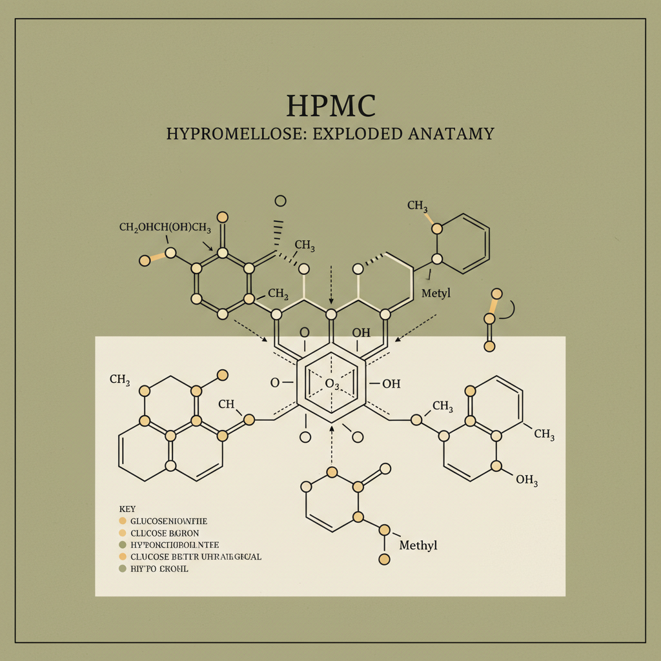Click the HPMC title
[330, 106]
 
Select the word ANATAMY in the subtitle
[451, 134]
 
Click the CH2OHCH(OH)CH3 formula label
[165, 227]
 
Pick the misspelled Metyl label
[436, 294]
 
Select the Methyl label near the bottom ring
[418, 545]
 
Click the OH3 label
[527, 480]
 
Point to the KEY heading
[128, 509]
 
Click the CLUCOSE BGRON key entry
[165, 533]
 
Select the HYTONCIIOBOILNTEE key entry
[174, 545]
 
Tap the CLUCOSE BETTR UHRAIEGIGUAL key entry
[196, 556]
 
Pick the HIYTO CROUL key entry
[159, 569]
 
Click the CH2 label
[278, 294]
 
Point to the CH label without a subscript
[226, 404]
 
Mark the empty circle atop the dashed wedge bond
[280, 201]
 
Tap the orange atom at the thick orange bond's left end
[145, 261]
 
